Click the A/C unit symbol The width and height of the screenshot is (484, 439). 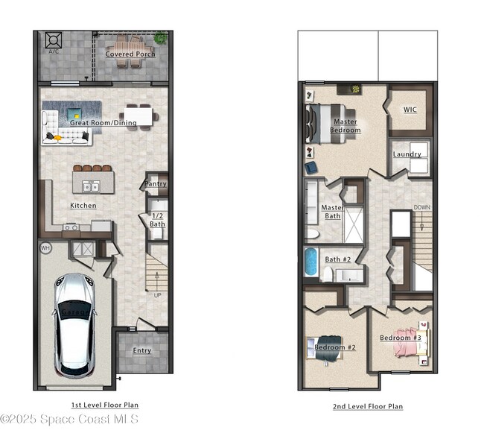click(54, 40)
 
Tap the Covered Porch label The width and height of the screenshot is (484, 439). click(130, 54)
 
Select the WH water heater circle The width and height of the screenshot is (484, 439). click(45, 247)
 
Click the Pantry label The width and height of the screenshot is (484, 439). click(155, 183)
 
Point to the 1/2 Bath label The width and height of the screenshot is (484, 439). click(157, 220)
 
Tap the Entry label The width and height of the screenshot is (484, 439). click(141, 350)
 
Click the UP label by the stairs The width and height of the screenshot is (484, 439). click(157, 295)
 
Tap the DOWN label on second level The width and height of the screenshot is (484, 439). click(421, 208)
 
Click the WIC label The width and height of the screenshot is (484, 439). click(410, 110)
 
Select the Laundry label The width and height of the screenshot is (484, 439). click(407, 154)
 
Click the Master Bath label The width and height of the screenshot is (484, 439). click(332, 212)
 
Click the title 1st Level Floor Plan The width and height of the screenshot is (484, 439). click(104, 405)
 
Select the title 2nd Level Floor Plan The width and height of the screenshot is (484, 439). click(368, 407)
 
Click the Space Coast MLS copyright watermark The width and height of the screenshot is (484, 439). click(69, 419)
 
